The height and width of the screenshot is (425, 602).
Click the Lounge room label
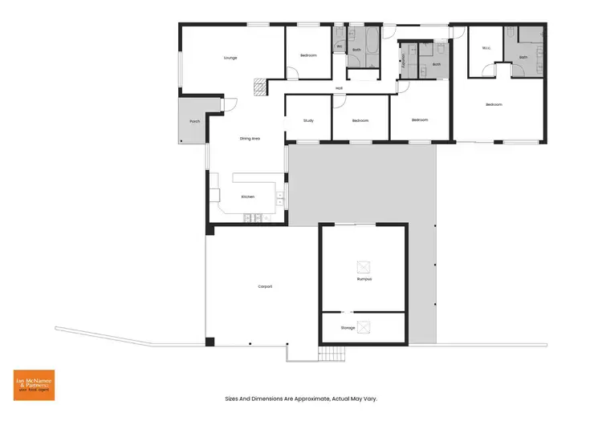[230, 59]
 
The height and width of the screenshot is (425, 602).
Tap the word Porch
[194, 121]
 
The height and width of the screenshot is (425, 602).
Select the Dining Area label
[250, 139]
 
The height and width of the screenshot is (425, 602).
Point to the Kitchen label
[248, 196]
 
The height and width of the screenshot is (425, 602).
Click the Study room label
[308, 120]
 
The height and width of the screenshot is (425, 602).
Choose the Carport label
[265, 285]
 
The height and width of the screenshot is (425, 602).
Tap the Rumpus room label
[364, 279]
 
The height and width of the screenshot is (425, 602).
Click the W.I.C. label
[486, 49]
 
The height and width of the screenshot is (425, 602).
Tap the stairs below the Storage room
[331, 354]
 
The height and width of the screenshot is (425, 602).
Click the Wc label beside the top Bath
[340, 47]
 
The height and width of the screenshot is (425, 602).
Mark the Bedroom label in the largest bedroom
[494, 104]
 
